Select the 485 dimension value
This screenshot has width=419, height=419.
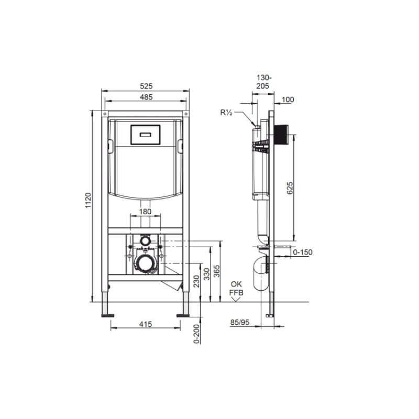(146, 97)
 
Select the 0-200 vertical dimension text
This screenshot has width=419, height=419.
(196, 333)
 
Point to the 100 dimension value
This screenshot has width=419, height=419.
(288, 100)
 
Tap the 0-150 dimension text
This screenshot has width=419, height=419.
(302, 252)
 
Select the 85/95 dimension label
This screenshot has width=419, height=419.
(239, 323)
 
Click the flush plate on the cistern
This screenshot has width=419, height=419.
(146, 135)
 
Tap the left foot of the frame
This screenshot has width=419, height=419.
(107, 314)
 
